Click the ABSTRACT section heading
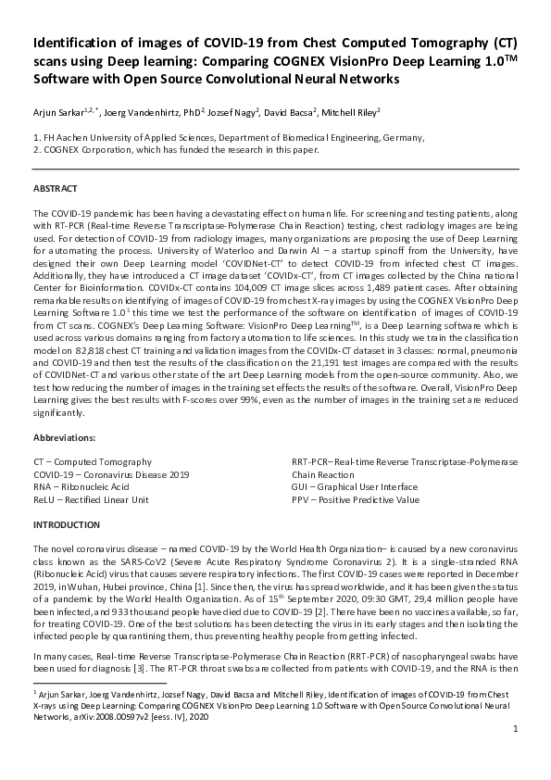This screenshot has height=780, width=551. pos(55,188)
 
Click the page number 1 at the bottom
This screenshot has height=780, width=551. pos(514,756)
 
